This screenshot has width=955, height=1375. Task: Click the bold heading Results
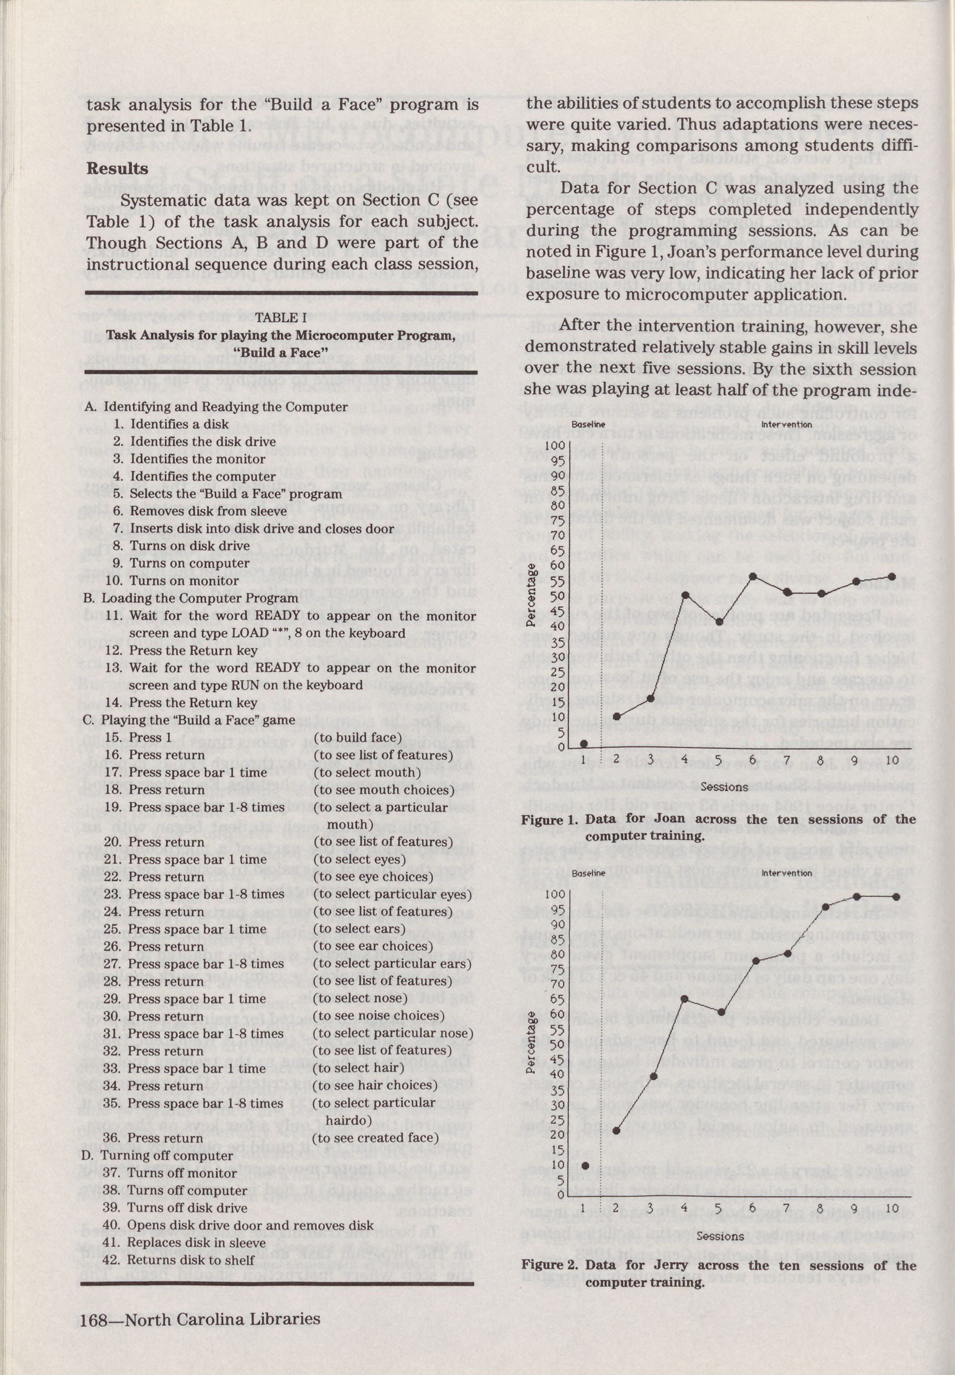[117, 169]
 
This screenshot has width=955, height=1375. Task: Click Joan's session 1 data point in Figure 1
[584, 743]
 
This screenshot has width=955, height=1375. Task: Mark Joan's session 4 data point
[686, 595]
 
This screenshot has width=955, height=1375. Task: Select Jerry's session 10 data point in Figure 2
[896, 896]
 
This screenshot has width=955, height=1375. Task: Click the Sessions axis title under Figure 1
[724, 786]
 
